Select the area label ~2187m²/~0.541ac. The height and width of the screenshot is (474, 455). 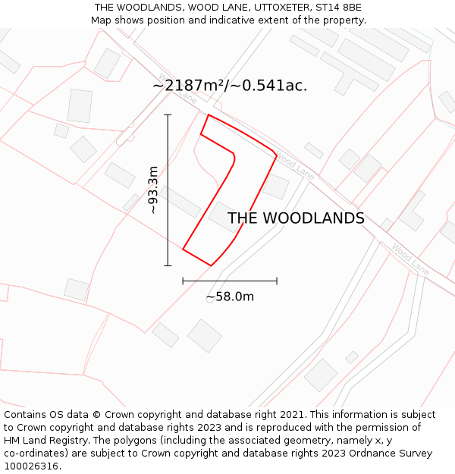tap(230, 86)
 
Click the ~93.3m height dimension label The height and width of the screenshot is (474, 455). tap(153, 190)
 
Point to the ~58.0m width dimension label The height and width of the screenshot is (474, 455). tap(230, 297)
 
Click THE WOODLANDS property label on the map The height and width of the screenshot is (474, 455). tap(296, 218)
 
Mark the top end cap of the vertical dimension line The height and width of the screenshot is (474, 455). tap(168, 115)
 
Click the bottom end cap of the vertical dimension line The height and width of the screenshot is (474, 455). tap(168, 265)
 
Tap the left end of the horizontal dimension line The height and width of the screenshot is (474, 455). tap(183, 281)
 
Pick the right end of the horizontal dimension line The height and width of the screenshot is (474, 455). tap(277, 281)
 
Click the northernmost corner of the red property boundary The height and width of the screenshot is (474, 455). tap(209, 115)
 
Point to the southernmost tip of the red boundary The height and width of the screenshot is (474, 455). tap(211, 265)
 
